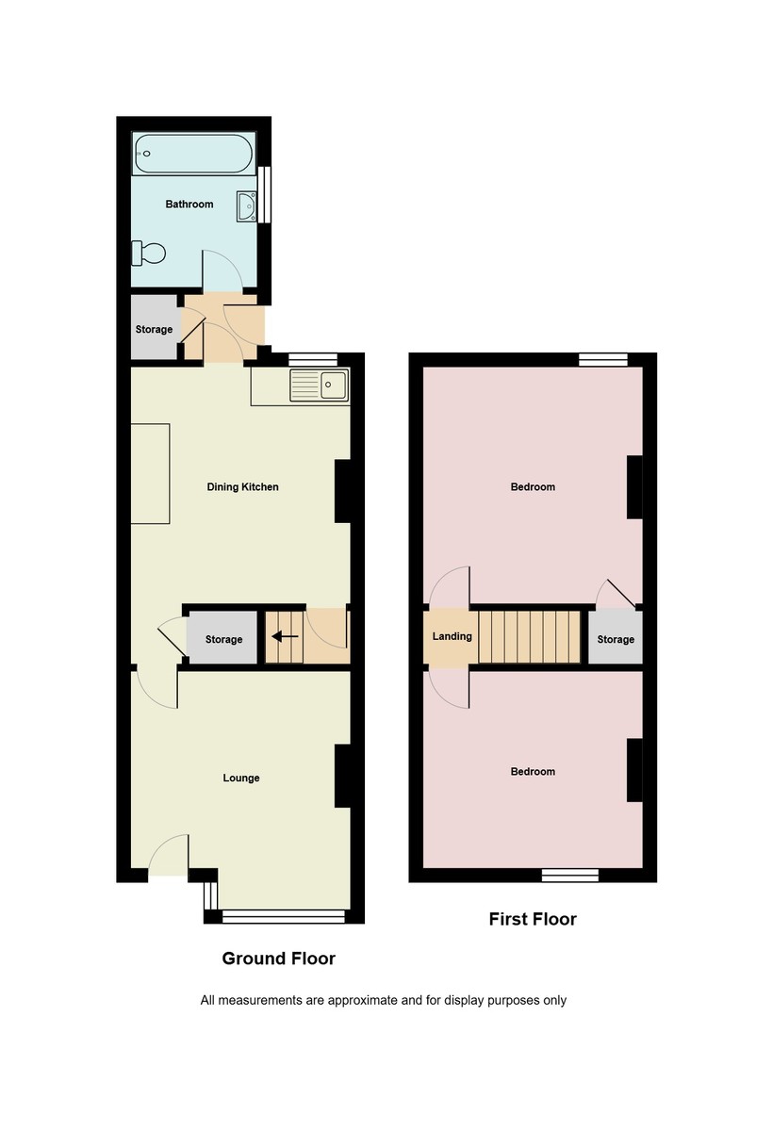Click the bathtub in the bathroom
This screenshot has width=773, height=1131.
193,154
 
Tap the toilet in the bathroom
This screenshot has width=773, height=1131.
150,253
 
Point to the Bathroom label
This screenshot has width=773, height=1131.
189,204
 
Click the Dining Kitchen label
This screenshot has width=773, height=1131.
242,487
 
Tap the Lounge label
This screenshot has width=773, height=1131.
241,779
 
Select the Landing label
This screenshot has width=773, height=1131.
452,636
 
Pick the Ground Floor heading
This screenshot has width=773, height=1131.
278,959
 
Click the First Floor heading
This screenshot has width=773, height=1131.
532,919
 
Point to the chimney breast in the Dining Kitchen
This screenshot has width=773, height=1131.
343,491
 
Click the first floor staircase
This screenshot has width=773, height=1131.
529,637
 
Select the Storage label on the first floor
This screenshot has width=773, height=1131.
616,639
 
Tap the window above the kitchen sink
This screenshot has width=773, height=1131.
313,358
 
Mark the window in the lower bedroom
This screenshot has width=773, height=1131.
570,875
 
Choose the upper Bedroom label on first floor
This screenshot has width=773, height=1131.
533,487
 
